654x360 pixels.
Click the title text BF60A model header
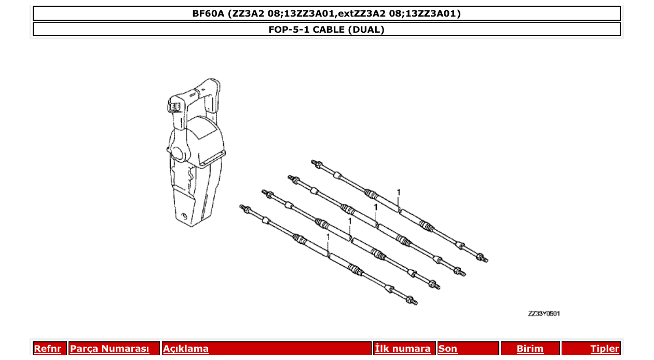[x=326, y=13]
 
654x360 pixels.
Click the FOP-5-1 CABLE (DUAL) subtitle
[x=326, y=30]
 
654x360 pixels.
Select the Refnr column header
[x=47, y=349]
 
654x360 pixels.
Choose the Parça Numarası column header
[x=110, y=349]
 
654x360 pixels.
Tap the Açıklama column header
[x=186, y=349]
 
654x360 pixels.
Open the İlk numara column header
[x=403, y=349]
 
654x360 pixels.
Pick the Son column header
[x=448, y=349]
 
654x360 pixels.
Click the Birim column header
[x=530, y=349]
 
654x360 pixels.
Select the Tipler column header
[x=605, y=349]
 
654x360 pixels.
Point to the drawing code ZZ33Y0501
[x=544, y=314]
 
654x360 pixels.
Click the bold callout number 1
[x=375, y=207]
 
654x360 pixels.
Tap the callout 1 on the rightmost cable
[x=399, y=192]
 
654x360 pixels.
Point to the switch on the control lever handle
[x=175, y=106]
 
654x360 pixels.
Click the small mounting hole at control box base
[x=184, y=216]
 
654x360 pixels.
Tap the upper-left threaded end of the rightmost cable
[x=315, y=163]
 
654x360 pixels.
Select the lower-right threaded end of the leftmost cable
[x=413, y=301]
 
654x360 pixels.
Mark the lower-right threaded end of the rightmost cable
[x=483, y=258]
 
